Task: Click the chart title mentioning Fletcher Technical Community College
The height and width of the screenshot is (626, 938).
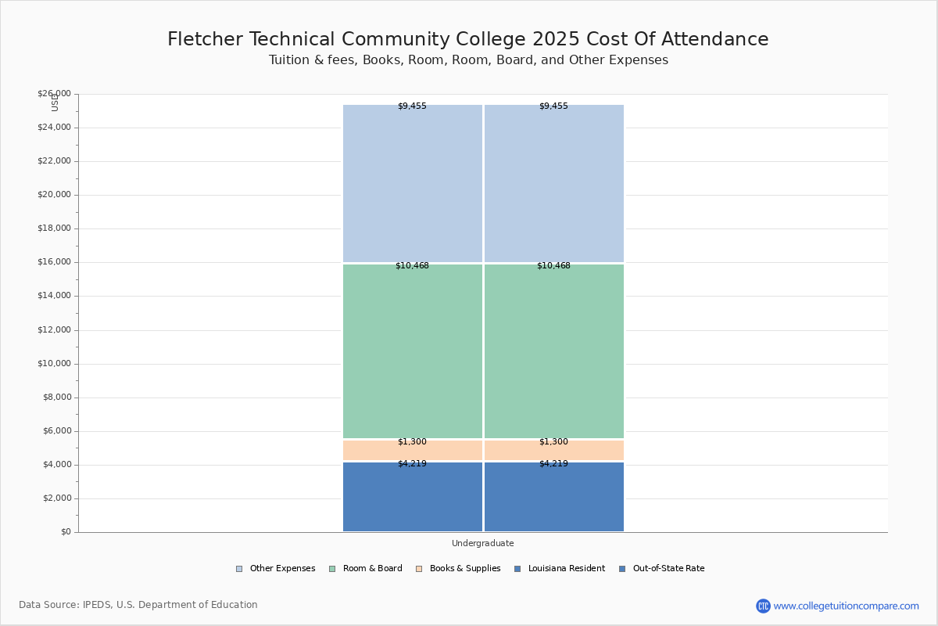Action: (467, 40)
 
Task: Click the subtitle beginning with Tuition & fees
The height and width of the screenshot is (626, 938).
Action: (468, 60)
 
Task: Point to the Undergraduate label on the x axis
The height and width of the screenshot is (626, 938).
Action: (483, 543)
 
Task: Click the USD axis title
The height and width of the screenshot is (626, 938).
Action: (55, 103)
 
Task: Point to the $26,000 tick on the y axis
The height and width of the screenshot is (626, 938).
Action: (54, 94)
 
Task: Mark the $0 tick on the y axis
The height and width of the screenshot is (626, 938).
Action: (65, 532)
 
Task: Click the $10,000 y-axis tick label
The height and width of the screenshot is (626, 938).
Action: (54, 364)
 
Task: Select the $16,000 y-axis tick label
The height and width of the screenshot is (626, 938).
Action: (54, 262)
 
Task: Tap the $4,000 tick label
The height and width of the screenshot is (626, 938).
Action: (56, 465)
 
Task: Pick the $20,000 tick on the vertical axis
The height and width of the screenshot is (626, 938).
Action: (54, 195)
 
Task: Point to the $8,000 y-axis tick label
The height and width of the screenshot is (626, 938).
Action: (56, 398)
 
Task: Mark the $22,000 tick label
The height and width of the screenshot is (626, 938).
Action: (54, 161)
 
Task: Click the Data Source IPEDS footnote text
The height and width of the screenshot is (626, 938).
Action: (138, 605)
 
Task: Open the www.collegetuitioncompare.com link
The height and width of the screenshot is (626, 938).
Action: (846, 606)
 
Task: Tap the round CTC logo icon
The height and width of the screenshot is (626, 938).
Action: (763, 606)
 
